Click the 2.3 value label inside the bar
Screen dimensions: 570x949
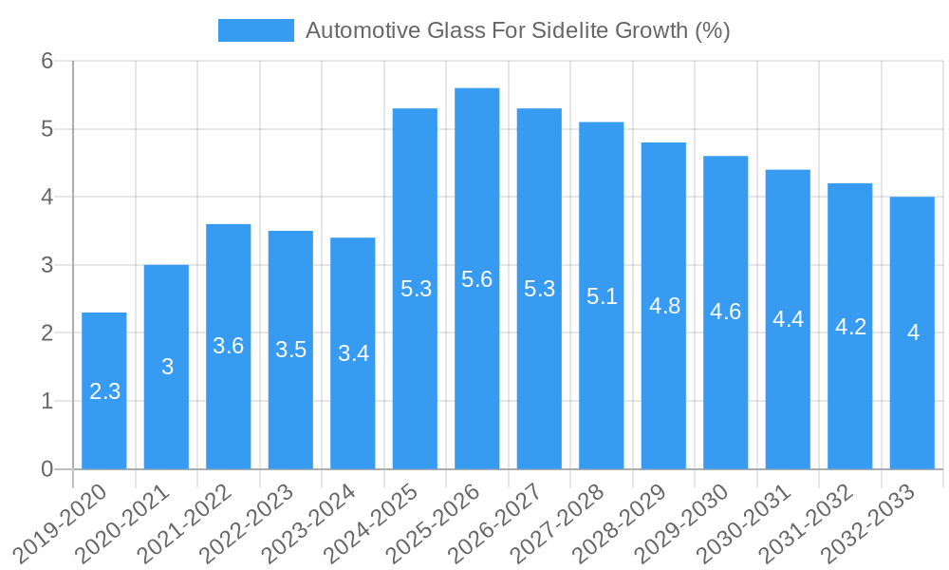click(104, 391)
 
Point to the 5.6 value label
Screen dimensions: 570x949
click(477, 279)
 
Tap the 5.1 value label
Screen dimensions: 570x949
click(602, 296)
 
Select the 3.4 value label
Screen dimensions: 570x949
click(353, 353)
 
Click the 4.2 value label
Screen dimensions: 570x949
click(850, 327)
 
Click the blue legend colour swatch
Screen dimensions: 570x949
click(255, 30)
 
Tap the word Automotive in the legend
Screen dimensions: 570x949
click(362, 30)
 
